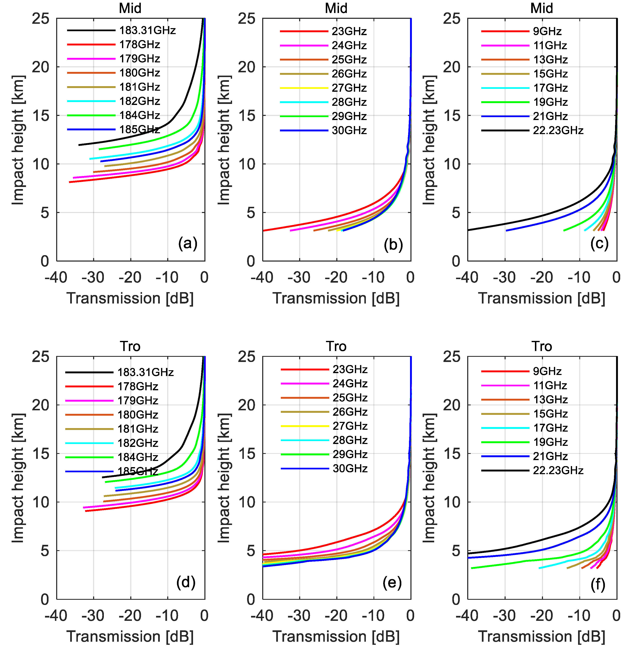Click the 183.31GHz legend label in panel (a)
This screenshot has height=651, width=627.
(147, 31)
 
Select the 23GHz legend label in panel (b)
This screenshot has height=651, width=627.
(349, 32)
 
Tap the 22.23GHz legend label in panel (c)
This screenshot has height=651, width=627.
(558, 131)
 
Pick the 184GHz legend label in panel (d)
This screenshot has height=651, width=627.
(138, 457)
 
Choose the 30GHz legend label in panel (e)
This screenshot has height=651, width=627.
(350, 469)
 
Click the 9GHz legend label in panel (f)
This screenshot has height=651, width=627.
(547, 371)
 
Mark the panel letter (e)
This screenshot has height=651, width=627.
(392, 583)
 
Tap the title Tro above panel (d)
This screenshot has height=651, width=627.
(130, 346)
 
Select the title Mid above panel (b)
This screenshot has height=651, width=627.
(336, 8)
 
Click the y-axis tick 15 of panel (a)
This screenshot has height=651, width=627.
(40, 115)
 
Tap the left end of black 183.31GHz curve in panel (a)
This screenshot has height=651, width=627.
(79, 145)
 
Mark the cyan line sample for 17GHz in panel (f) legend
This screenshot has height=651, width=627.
(505, 428)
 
